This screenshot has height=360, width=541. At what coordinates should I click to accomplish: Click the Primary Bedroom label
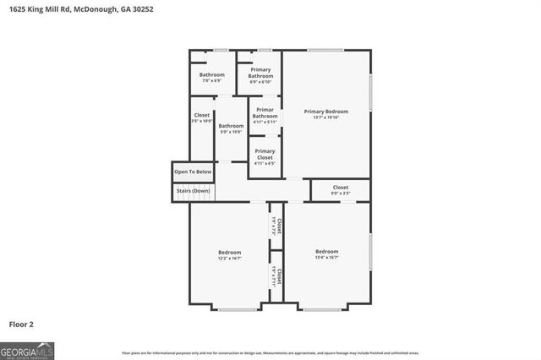pyautogui.click(x=326, y=111)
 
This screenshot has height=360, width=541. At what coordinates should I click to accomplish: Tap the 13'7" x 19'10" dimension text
pyautogui.click(x=326, y=117)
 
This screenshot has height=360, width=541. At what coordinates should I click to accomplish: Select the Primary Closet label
pyautogui.click(x=265, y=154)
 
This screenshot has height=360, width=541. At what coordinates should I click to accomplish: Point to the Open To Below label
pyautogui.click(x=193, y=172)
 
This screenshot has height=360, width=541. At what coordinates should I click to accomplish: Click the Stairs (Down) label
pyautogui.click(x=193, y=191)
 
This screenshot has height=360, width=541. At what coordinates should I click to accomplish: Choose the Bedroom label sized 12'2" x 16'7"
pyautogui.click(x=230, y=252)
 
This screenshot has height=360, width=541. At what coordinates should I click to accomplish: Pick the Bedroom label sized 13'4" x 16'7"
pyautogui.click(x=327, y=251)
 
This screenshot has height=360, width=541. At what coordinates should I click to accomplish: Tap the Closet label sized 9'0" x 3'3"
pyautogui.click(x=340, y=188)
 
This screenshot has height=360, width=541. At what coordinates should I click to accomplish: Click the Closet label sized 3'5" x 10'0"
pyautogui.click(x=201, y=115)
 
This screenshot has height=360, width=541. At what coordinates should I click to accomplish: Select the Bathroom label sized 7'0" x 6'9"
pyautogui.click(x=212, y=75)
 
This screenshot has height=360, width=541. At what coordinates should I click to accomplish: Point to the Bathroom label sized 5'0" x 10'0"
pyautogui.click(x=232, y=126)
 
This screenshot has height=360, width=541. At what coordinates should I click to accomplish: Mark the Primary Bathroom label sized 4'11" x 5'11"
pyautogui.click(x=265, y=114)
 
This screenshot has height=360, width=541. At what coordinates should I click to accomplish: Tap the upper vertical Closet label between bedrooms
pyautogui.click(x=276, y=225)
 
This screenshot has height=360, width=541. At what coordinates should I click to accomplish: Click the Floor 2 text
pyautogui.click(x=21, y=324)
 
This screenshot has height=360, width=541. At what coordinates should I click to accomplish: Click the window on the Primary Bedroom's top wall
pyautogui.click(x=319, y=51)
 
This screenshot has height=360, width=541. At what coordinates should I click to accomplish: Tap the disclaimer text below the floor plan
pyautogui.click(x=270, y=352)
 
